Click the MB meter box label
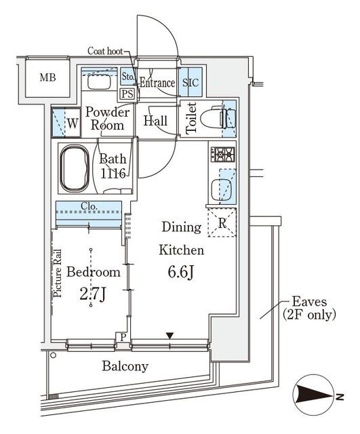point(47,77)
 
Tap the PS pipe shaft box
point(127,94)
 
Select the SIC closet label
point(191,83)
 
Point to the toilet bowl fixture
point(218,118)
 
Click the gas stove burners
point(223,154)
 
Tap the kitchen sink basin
point(221,190)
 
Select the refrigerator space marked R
point(222,222)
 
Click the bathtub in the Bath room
point(75,169)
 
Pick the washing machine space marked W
point(66,123)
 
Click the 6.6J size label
point(182,272)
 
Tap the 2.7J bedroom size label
point(93,295)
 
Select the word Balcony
point(125,366)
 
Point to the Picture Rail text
point(58,273)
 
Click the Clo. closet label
point(89,206)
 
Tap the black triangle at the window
point(169,336)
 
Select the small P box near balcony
point(123,337)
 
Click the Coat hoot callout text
point(105,51)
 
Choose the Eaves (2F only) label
point(309,308)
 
